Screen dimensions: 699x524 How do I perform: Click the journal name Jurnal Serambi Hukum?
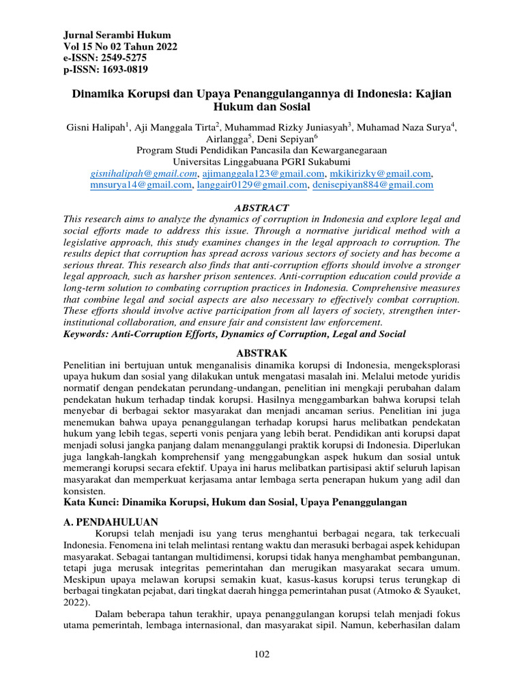117,35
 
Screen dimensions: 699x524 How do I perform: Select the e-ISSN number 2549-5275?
126,58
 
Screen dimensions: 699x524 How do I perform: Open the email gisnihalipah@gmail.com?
143,173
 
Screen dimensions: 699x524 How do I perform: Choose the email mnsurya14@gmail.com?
141,184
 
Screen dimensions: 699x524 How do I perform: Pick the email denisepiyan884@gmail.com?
373,184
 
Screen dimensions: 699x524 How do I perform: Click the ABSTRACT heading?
262,208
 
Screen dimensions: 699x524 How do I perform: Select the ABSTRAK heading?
262,353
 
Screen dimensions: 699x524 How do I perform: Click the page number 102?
262,654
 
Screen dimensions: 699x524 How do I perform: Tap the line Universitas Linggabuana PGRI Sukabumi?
262,162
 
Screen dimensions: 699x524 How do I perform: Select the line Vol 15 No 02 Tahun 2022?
120,46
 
